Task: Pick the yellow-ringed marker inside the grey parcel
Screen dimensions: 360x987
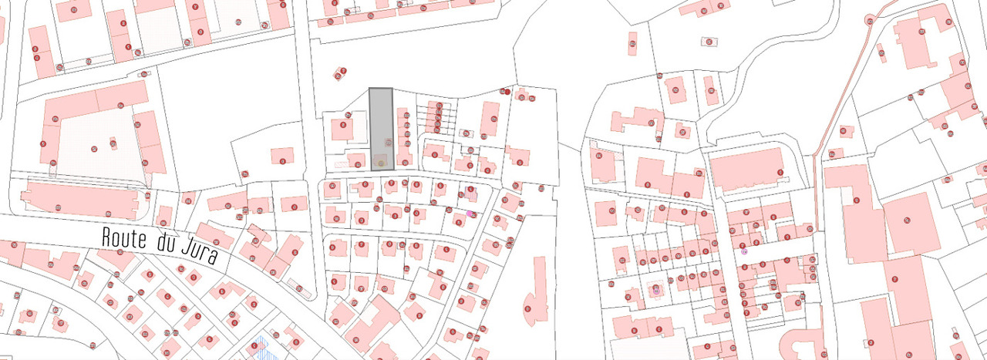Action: point(380,163)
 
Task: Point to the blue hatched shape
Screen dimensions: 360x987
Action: point(266,347)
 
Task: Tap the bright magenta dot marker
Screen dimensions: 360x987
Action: point(470,214)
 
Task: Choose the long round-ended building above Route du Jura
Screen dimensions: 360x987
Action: point(77,199)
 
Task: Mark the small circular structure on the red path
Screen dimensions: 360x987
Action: point(871,19)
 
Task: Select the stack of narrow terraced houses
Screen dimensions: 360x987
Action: point(436,118)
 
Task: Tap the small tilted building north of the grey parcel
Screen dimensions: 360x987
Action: point(340,74)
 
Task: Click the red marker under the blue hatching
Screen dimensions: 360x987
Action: point(254,345)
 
